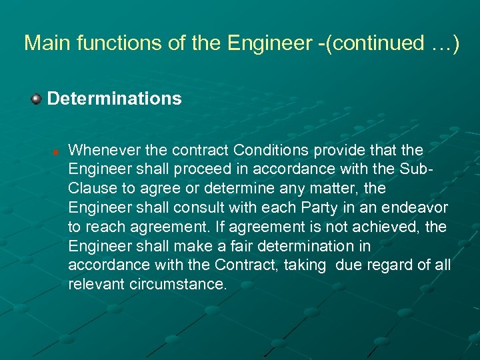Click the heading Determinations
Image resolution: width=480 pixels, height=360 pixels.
click(x=114, y=99)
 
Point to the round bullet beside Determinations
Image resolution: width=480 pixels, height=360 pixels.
click(x=35, y=99)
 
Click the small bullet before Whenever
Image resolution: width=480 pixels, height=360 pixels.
click(x=57, y=149)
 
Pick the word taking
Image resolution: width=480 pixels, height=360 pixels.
click(x=305, y=265)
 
